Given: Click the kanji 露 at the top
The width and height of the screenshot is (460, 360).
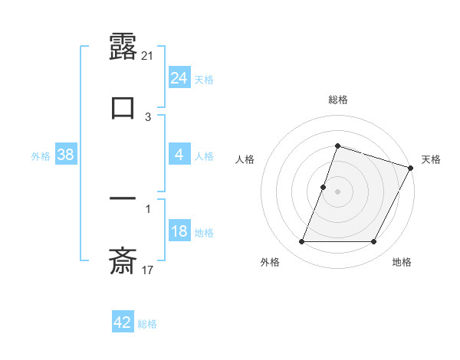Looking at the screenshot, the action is (123, 47).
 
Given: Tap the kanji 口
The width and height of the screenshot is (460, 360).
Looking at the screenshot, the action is (123, 107).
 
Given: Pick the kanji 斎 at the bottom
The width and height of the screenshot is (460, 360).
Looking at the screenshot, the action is (123, 262).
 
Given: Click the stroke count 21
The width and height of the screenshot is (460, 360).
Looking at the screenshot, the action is (149, 55).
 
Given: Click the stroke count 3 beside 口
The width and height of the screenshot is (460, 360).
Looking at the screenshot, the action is (149, 117).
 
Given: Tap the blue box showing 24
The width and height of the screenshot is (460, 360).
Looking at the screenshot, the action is (179, 77).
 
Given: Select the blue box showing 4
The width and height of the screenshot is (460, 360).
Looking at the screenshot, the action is (179, 155).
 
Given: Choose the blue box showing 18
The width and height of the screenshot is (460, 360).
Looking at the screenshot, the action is (179, 231).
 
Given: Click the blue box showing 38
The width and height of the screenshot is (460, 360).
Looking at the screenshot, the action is (65, 155).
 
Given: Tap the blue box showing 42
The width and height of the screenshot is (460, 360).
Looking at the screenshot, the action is (122, 322).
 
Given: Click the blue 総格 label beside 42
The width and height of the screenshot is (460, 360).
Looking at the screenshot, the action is (147, 324).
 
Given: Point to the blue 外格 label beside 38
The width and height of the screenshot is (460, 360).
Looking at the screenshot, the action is (41, 156).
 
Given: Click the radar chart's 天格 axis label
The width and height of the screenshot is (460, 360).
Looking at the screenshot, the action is (431, 159).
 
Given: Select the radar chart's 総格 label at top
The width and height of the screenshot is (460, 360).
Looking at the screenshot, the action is (338, 100).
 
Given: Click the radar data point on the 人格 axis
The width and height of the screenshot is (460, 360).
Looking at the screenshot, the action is (323, 187).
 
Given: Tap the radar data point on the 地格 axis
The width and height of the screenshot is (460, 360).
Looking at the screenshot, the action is (374, 242).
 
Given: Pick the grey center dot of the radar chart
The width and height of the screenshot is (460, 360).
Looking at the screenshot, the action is (338, 191).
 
